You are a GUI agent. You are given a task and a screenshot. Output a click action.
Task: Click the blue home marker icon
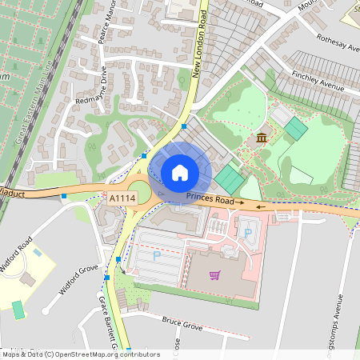180,172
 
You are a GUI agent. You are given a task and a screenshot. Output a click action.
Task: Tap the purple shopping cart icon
214,275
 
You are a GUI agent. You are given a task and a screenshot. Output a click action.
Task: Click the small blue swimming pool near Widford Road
38,253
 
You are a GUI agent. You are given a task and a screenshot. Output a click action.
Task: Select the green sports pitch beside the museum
295,128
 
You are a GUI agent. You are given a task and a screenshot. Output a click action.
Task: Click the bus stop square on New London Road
184,126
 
